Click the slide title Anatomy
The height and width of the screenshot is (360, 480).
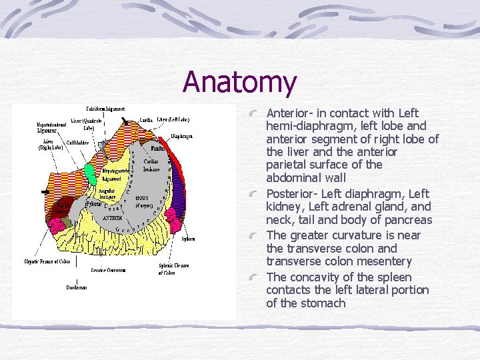click(240, 83)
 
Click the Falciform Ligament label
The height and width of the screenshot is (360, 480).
click(105, 109)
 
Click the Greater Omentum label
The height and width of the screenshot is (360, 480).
click(107, 271)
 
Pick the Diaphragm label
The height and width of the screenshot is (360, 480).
click(182, 135)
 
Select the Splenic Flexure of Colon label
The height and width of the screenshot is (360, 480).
click(175, 268)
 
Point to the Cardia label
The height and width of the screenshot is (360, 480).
click(147, 121)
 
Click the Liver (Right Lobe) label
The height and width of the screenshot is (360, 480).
click(49, 145)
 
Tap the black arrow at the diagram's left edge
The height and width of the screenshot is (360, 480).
click(45, 191)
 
